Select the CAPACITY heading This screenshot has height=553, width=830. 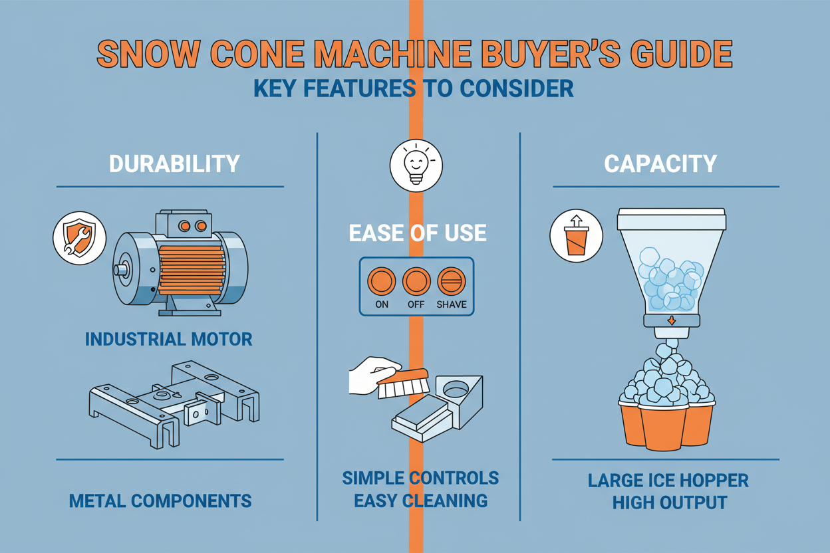pyautogui.click(x=660, y=164)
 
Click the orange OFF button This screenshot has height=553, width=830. pyautogui.click(x=416, y=282)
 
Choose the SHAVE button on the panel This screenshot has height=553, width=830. pyautogui.click(x=452, y=282)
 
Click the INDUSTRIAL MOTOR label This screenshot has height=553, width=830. pyautogui.click(x=169, y=339)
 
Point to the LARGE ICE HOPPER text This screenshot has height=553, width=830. pyautogui.click(x=668, y=480)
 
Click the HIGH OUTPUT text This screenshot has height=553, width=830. pyautogui.click(x=668, y=502)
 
